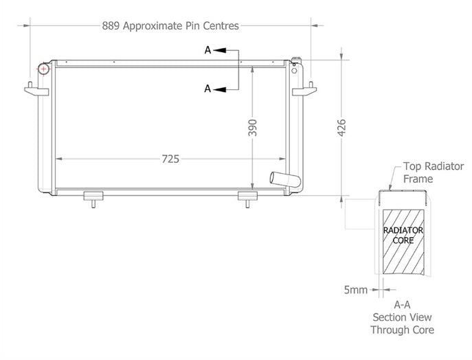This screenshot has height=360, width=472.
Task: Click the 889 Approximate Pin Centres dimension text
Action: (170, 26)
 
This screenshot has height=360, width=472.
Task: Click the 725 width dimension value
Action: (170, 159)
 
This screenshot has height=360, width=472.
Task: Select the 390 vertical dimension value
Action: (253, 128)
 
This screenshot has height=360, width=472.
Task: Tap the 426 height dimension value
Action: (341, 127)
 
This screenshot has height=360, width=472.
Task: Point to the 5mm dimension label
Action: (356, 290)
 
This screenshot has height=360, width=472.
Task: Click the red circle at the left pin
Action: (43, 69)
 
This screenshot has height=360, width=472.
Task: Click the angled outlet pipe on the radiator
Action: (284, 180)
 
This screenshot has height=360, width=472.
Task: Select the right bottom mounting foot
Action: (247, 198)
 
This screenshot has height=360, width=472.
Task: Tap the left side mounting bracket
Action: (34, 90)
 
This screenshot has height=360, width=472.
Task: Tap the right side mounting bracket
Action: (304, 90)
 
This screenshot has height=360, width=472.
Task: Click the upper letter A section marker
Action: (207, 50)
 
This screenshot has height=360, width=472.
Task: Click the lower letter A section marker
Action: (207, 89)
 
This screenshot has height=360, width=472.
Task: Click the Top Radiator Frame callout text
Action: (433, 172)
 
